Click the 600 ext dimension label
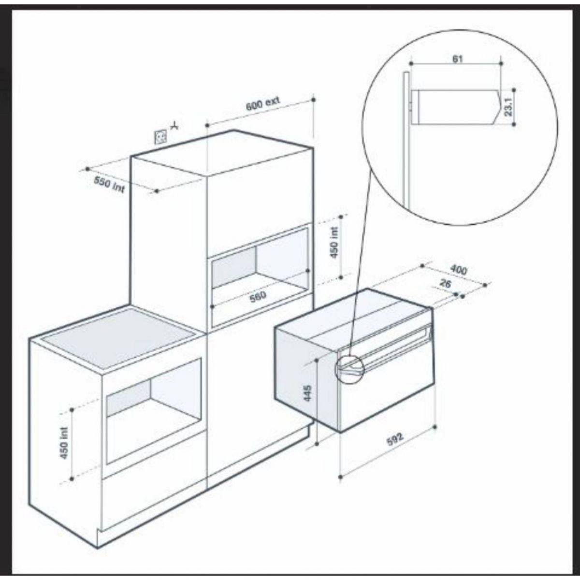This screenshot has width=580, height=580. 262,104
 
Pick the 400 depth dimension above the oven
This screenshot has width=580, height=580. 458,270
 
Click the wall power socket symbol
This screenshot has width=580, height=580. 160,137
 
